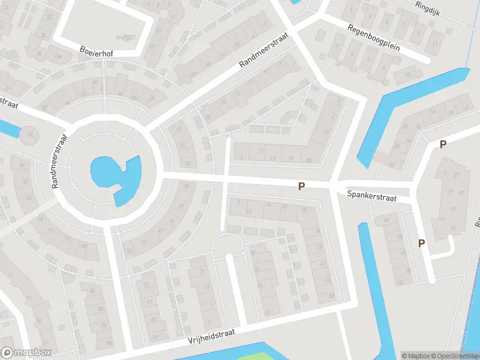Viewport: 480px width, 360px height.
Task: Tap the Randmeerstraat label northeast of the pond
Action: point(265,50)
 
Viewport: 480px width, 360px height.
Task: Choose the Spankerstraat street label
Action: point(371,196)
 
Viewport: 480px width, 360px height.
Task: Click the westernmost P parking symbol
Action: point(302,187)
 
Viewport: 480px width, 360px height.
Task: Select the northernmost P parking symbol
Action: point(443,144)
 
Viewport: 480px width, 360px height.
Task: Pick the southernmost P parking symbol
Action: point(422,243)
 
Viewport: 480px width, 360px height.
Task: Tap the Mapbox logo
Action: point(26,353)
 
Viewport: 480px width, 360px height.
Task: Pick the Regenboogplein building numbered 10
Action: point(407,74)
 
